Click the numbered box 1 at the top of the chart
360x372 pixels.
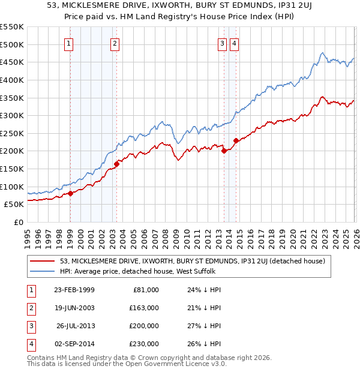click(x=70, y=43)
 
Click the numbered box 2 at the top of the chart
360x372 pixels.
click(x=115, y=43)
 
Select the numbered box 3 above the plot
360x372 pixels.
click(x=222, y=43)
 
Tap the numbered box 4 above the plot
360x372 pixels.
click(x=234, y=43)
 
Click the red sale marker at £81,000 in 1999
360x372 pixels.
click(x=70, y=193)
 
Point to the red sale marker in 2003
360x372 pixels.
click(x=116, y=164)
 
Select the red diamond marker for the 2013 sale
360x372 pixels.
click(x=224, y=151)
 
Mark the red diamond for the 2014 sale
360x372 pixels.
click(x=236, y=140)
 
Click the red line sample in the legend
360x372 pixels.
click(x=43, y=261)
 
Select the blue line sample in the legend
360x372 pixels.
click(x=43, y=271)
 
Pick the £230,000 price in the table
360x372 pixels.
click(x=143, y=344)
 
